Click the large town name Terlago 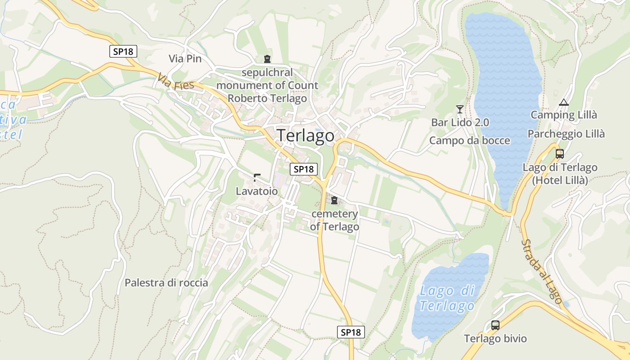pos(306,135)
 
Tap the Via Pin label pos(185,58)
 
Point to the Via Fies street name pos(176,82)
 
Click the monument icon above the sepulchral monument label pos(267,58)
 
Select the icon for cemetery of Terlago pos(334,200)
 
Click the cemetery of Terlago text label pos(334,220)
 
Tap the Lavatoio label pos(256,191)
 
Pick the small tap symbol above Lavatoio pos(256,177)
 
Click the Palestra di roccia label pos(166,283)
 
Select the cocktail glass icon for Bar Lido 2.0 pos(459,109)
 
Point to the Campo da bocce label pos(469,140)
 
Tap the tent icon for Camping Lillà pos(563,103)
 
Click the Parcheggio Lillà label pos(566,134)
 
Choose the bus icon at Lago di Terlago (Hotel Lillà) pos(560,154)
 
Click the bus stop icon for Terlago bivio pos(495,325)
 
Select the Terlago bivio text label pos(495,338)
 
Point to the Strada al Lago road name pos(542,271)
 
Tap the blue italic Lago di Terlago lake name pos(447,298)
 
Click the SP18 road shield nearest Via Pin pos(123,51)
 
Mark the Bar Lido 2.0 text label pos(460,122)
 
